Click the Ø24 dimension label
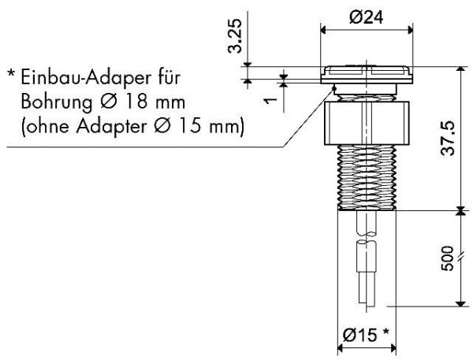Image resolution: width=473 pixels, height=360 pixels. [367, 17]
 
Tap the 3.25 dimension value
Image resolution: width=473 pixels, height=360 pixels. [235, 36]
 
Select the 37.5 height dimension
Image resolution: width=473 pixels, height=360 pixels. [448, 139]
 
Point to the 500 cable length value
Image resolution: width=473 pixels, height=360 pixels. [447, 258]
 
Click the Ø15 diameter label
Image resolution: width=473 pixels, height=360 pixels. [360, 334]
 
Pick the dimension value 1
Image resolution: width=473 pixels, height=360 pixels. [271, 100]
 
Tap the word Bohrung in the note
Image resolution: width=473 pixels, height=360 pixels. [57, 102]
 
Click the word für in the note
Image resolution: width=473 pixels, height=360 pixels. [169, 77]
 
